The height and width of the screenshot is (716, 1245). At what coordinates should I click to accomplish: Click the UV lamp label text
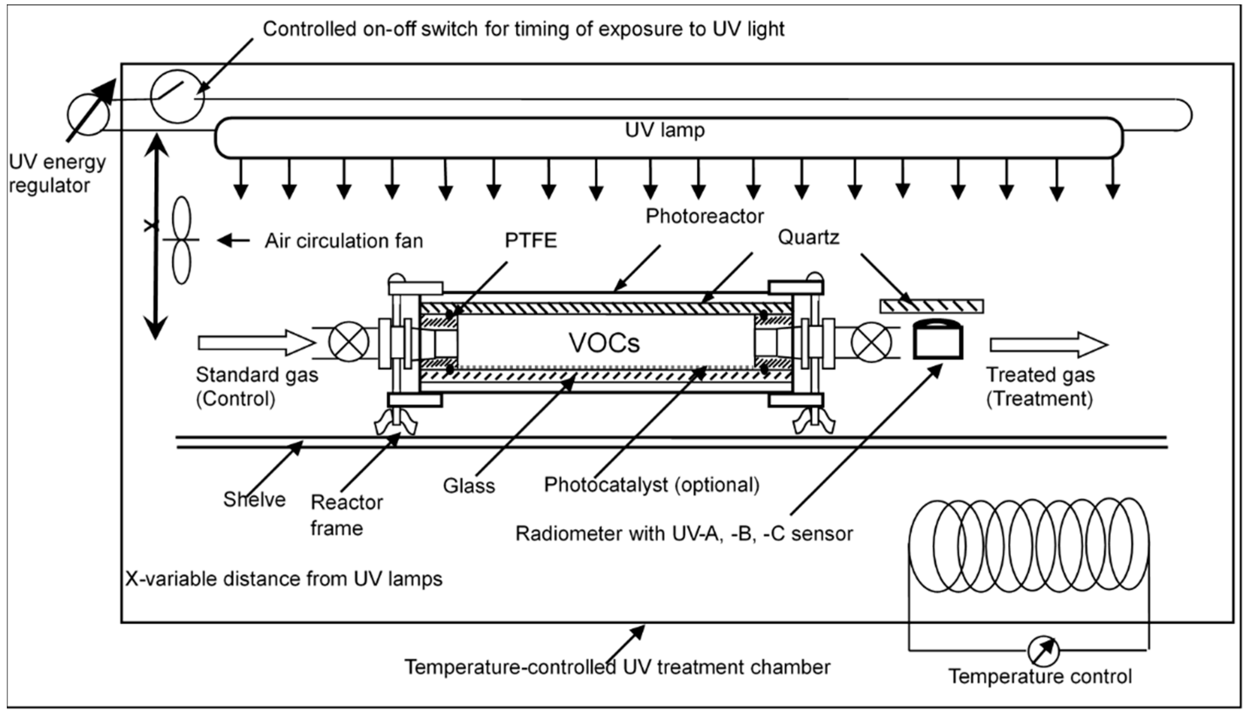click(x=665, y=130)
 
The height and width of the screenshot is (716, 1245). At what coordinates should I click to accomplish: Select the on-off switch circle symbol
click(x=177, y=96)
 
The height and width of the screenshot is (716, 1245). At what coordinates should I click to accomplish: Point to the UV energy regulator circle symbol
click(x=89, y=114)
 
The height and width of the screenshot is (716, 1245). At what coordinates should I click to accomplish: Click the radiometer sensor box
click(x=938, y=341)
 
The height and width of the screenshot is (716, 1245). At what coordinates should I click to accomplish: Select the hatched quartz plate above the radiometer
click(x=932, y=306)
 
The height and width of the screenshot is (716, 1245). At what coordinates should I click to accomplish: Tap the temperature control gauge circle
click(x=1043, y=651)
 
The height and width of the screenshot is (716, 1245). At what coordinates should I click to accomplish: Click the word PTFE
click(x=530, y=241)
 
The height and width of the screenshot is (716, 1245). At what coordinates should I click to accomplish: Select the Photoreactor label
click(x=704, y=217)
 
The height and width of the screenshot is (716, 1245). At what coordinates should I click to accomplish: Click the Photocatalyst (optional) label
click(x=651, y=485)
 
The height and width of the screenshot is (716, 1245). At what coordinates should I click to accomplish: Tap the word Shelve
click(x=254, y=499)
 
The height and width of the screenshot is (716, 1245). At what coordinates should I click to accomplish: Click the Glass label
click(x=468, y=486)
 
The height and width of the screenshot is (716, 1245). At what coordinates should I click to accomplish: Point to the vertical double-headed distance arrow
click(x=155, y=236)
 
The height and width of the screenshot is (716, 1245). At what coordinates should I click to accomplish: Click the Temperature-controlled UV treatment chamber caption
click(x=617, y=667)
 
